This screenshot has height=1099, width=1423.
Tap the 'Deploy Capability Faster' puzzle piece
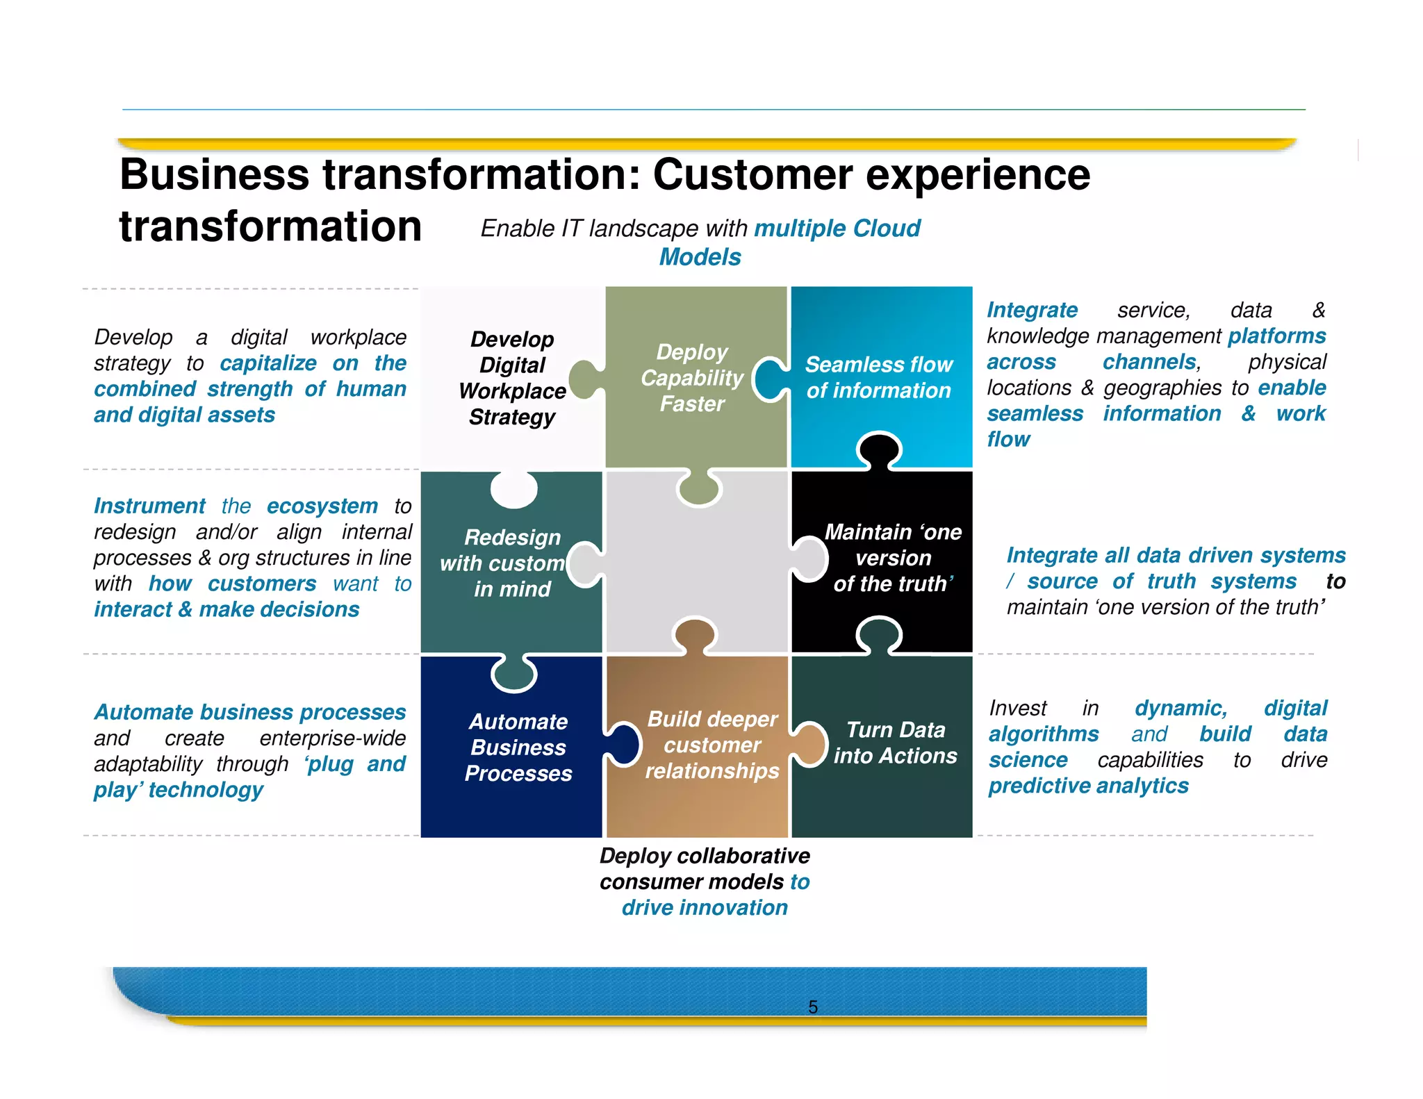point(692,378)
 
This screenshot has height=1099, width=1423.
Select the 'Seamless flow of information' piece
point(879,377)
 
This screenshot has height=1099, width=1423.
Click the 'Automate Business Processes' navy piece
point(518,747)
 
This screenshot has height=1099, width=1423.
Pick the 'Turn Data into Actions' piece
point(895,743)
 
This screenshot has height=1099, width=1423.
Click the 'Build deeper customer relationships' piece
point(711,745)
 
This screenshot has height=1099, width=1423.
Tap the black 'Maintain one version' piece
point(892,558)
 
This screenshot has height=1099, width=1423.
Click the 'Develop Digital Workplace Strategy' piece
point(512,378)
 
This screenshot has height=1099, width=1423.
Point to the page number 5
point(813,1007)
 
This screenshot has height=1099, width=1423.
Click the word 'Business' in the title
point(214,174)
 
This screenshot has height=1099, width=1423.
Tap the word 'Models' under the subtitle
point(700,257)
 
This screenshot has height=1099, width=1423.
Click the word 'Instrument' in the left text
point(149,506)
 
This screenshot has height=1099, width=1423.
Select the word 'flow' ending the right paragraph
point(1008,439)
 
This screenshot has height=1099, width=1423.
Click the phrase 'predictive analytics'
point(1088,786)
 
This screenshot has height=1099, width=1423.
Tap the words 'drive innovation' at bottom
point(705,907)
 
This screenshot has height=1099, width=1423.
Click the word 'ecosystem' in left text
point(322,506)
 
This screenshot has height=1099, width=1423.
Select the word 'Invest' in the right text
point(1017,708)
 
